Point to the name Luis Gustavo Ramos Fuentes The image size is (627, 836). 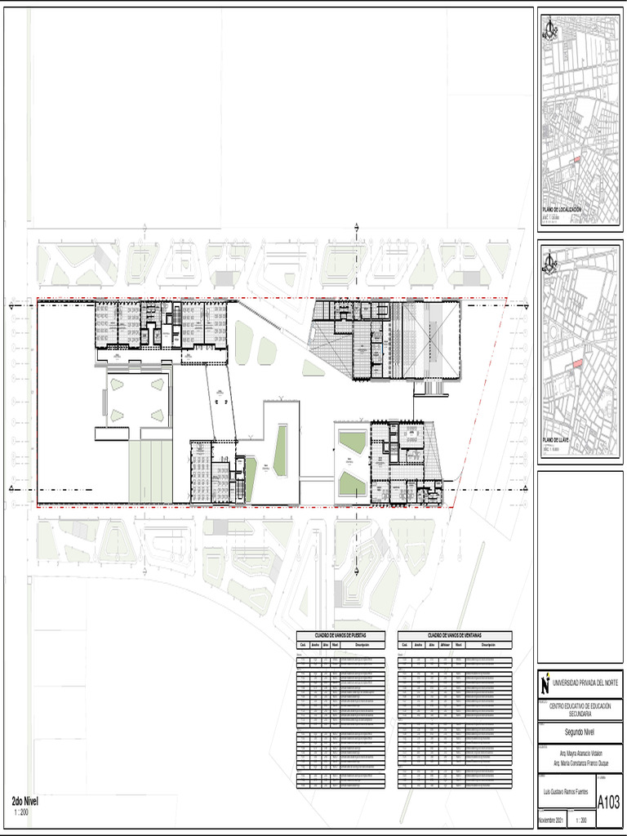(x=565, y=791)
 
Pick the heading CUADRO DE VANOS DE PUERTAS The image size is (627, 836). (x=340, y=635)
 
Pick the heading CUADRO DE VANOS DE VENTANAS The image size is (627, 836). (x=454, y=635)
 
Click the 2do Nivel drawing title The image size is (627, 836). (x=25, y=801)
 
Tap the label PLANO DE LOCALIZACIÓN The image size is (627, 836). (x=563, y=210)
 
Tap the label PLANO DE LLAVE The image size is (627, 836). (x=555, y=439)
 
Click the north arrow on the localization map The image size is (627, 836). (x=549, y=30)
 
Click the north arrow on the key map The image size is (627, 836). (x=549, y=260)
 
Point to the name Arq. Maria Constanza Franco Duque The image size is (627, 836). (x=580, y=763)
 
